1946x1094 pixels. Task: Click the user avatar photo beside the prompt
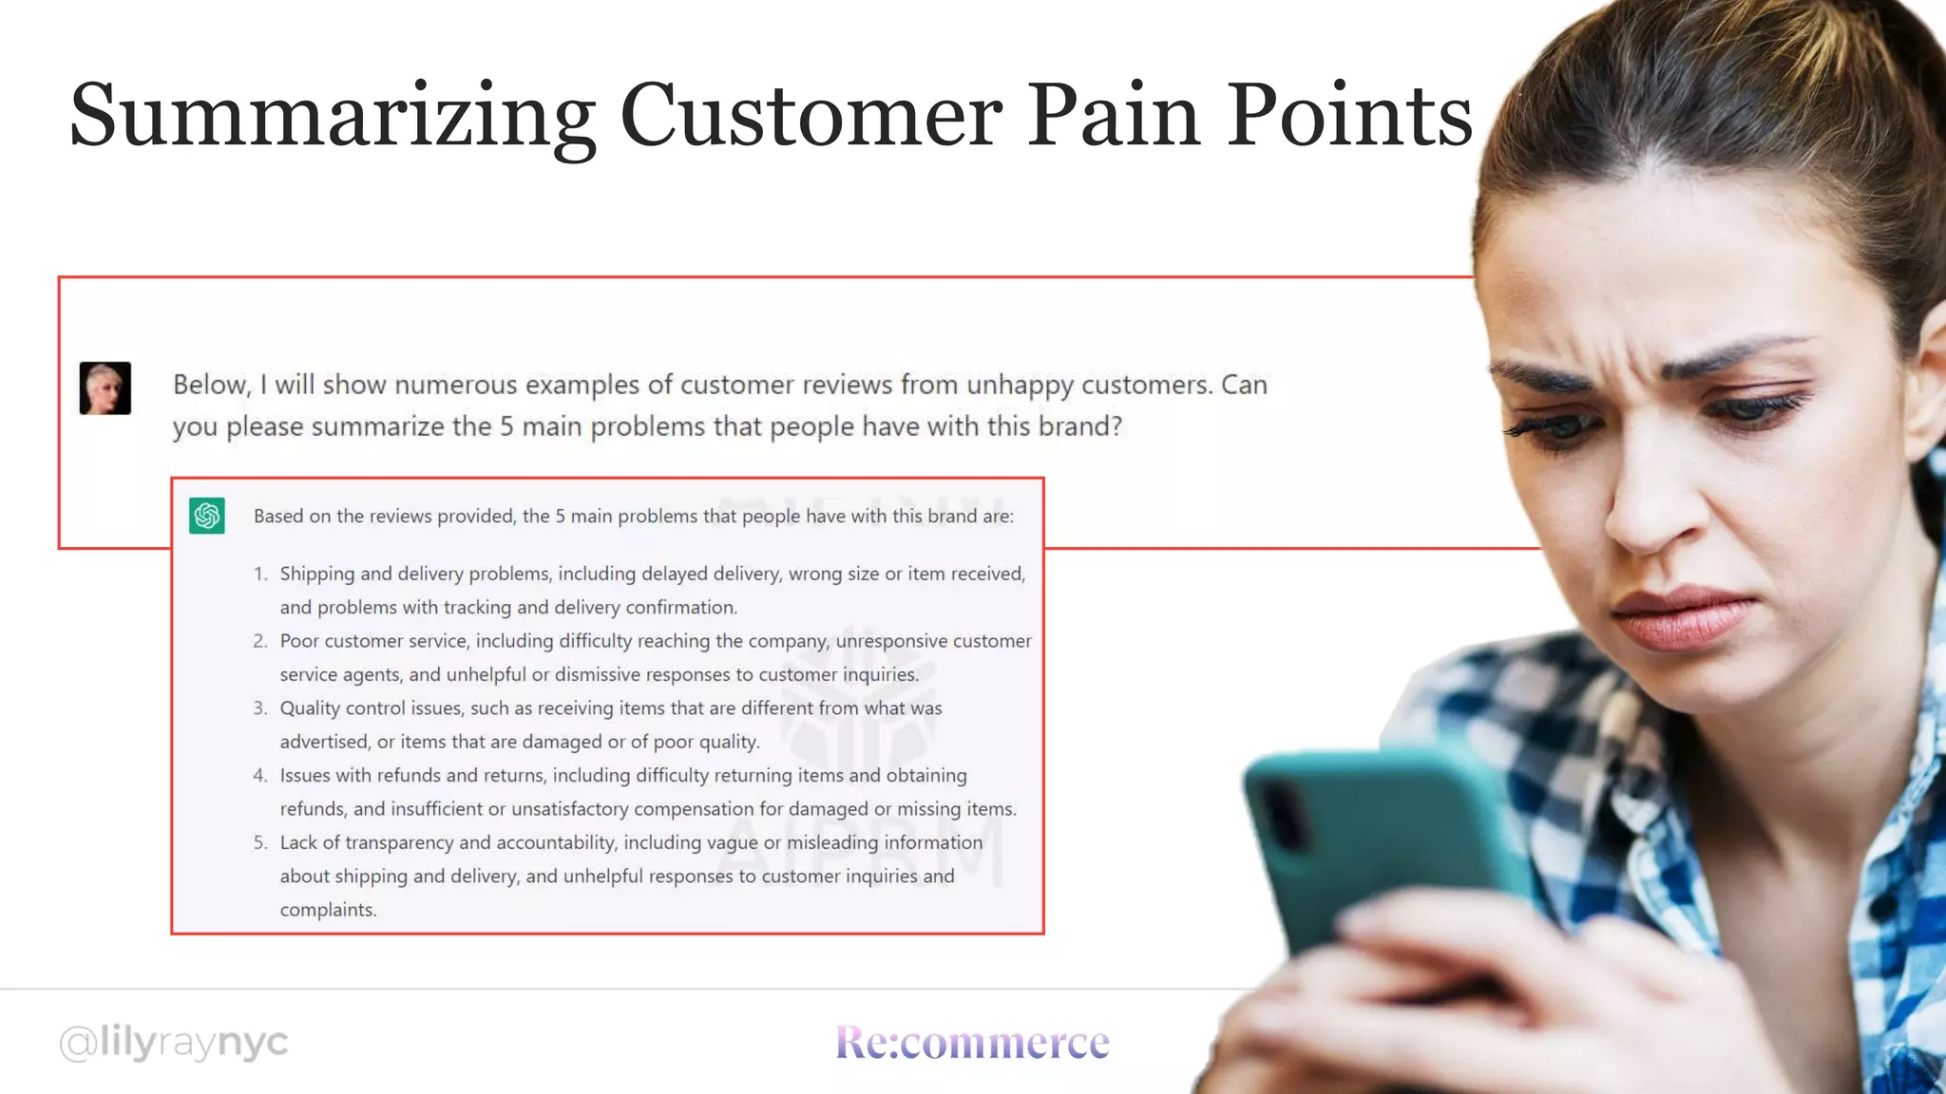(105, 387)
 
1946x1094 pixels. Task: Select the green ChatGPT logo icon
(207, 516)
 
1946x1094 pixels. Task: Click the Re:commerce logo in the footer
(972, 1043)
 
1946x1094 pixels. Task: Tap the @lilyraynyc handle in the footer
(174, 1043)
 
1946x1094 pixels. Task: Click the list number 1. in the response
(260, 574)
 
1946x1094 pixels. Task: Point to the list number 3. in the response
(260, 708)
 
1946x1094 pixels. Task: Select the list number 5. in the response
(260, 842)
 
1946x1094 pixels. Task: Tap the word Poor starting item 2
(299, 641)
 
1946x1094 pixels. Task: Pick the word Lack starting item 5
(298, 842)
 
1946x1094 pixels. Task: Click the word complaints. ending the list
(328, 910)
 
